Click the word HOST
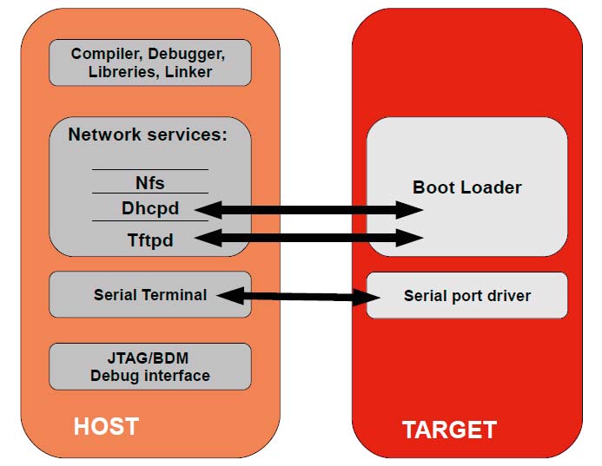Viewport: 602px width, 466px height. [106, 426]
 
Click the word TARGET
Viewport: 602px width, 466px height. [450, 430]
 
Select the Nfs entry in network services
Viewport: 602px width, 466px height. [150, 182]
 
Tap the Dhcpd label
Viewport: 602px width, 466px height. [150, 208]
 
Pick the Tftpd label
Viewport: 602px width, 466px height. [150, 240]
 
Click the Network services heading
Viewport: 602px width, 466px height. [148, 135]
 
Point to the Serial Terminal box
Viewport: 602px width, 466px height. [150, 294]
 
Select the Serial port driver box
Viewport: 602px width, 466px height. [466, 295]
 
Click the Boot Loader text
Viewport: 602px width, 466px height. [466, 187]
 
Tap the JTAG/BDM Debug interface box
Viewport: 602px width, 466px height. [150, 367]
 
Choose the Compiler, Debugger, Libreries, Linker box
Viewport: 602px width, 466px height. [150, 62]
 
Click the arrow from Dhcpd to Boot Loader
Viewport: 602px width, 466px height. [309, 210]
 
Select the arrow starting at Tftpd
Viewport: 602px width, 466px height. [309, 238]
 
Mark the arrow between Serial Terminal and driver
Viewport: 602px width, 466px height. [298, 296]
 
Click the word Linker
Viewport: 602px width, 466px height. [189, 72]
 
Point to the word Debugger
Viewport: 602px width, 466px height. [186, 54]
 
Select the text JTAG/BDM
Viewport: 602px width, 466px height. [148, 358]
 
